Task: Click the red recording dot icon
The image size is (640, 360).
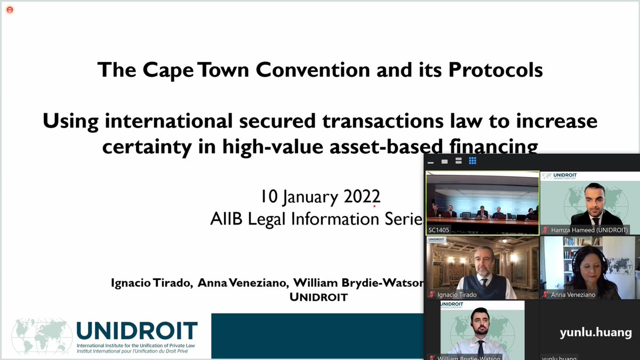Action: pyautogui.click(x=10, y=10)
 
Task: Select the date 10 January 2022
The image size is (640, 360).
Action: pyautogui.click(x=320, y=196)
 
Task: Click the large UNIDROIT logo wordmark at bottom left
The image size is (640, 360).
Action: pyautogui.click(x=137, y=331)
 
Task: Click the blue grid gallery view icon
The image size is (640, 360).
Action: pyautogui.click(x=473, y=161)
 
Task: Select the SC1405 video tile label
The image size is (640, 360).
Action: pyautogui.click(x=439, y=230)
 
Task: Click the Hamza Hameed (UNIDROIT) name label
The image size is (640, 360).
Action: pyautogui.click(x=589, y=230)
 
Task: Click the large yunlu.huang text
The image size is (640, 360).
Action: pyautogui.click(x=595, y=333)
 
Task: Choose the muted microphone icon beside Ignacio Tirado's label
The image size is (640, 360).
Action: pyautogui.click(x=431, y=294)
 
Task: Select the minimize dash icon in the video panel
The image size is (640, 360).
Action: pyautogui.click(x=430, y=161)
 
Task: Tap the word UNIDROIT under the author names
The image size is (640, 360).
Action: pyautogui.click(x=318, y=297)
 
